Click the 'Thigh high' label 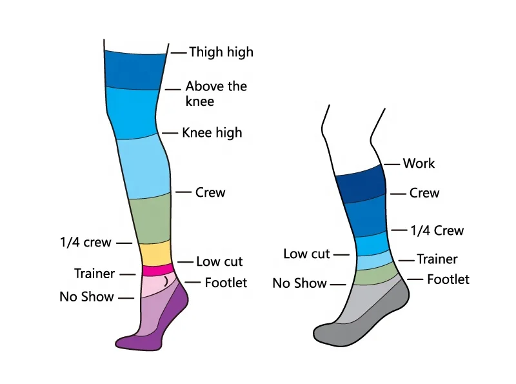(x=221, y=52)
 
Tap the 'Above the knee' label (x=216, y=94)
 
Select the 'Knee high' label (x=212, y=133)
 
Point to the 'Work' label (x=419, y=163)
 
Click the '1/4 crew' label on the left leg (x=85, y=243)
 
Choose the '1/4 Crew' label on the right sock (x=437, y=230)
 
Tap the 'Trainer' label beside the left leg (x=95, y=274)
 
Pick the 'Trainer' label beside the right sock (x=437, y=259)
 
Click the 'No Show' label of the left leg (x=86, y=297)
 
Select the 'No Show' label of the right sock (x=300, y=283)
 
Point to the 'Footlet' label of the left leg (x=226, y=283)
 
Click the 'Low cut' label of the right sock (x=306, y=254)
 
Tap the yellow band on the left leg (x=154, y=252)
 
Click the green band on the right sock (x=377, y=276)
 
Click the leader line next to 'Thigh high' (x=178, y=52)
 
